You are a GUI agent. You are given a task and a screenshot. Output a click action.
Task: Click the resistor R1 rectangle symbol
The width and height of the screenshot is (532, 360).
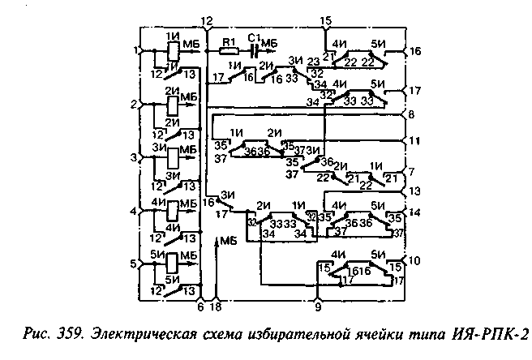click(230, 49)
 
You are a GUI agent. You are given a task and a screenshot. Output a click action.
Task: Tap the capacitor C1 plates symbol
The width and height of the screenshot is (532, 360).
click(256, 49)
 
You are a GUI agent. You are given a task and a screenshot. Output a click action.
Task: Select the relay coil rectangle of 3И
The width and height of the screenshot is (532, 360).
click(172, 157)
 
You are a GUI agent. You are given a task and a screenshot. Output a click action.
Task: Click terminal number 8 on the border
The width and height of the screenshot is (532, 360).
click(412, 115)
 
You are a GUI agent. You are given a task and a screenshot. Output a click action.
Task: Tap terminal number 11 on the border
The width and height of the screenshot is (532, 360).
click(414, 141)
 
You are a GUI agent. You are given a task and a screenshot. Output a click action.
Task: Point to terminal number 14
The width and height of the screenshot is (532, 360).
click(415, 213)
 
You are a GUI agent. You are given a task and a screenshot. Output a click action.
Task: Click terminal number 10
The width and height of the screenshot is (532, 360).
click(415, 260)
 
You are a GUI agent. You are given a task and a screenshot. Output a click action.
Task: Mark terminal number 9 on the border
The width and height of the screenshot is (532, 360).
click(318, 306)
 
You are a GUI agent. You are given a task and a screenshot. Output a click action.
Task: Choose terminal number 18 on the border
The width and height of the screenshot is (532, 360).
click(215, 306)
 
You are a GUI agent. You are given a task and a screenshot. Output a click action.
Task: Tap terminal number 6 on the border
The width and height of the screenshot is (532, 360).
click(200, 306)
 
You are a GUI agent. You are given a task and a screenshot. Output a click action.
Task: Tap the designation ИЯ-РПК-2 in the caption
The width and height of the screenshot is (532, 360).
click(487, 332)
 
